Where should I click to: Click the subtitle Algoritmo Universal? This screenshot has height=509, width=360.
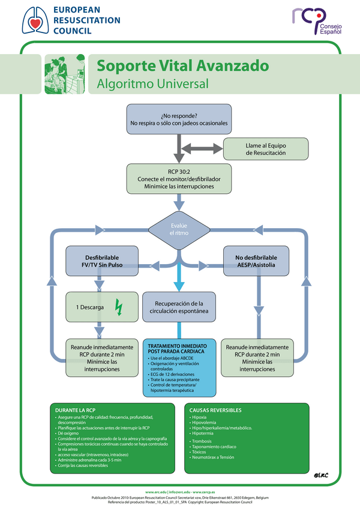[x=152, y=83]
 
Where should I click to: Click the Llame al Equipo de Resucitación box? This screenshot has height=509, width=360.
[x=265, y=148]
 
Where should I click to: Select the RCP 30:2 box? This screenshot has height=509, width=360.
[x=179, y=179]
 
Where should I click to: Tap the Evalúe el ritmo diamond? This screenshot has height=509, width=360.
[x=179, y=229]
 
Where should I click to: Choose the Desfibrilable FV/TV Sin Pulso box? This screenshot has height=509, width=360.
[x=100, y=261]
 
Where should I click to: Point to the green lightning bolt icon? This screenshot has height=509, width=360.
[x=118, y=307]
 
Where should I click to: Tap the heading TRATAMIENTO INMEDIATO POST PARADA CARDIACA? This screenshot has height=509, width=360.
[x=178, y=348]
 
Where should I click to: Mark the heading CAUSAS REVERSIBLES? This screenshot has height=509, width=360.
[x=216, y=410]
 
